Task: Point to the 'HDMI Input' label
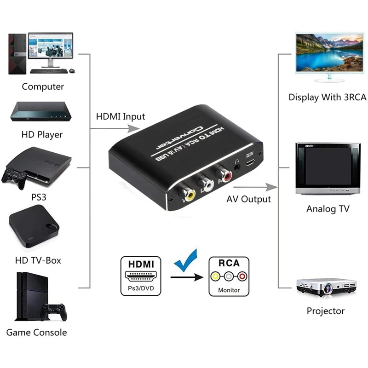[x=120, y=116]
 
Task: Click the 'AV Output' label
[x=249, y=199]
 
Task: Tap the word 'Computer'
[x=43, y=86]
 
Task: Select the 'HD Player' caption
[x=41, y=135]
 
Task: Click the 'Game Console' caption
[x=37, y=332]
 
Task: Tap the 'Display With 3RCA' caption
[x=328, y=97]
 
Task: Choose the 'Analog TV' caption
[x=328, y=209]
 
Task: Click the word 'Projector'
[x=326, y=311]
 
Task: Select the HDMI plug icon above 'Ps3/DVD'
[x=141, y=276]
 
